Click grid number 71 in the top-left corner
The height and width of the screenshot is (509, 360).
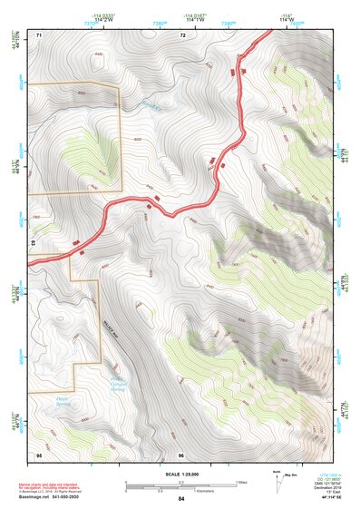[39, 34]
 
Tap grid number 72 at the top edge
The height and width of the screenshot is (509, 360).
[182, 34]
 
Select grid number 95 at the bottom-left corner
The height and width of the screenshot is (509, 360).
[39, 454]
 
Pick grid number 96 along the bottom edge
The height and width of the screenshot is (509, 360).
[181, 454]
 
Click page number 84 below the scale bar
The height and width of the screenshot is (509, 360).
[181, 498]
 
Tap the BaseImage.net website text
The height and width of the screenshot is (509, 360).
[34, 497]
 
